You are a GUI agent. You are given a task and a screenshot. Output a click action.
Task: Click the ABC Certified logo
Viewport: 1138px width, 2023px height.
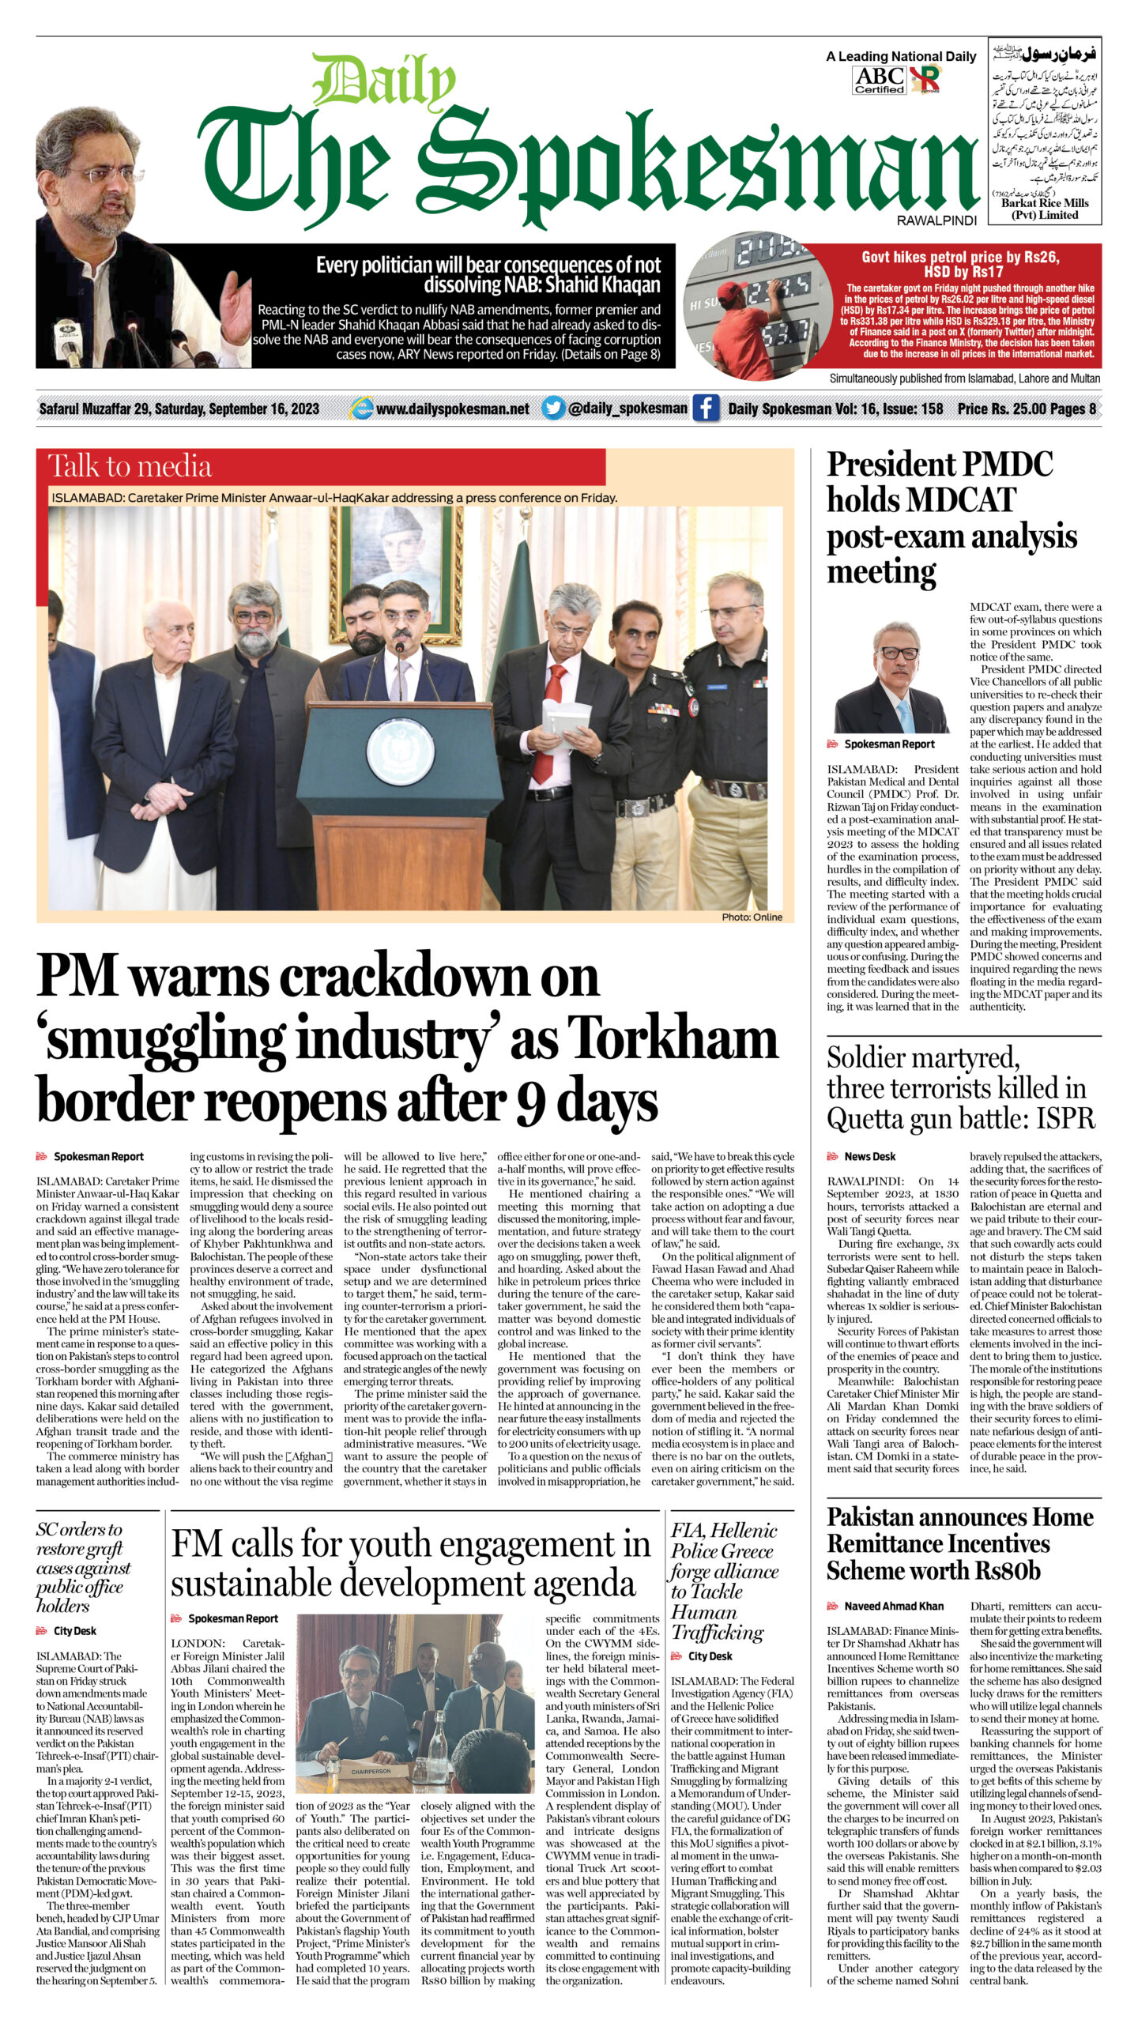[x=880, y=80]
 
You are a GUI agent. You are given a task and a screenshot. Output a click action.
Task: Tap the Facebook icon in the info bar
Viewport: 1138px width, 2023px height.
[x=706, y=409]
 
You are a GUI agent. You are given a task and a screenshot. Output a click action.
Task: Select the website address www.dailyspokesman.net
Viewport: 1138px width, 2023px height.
[x=452, y=409]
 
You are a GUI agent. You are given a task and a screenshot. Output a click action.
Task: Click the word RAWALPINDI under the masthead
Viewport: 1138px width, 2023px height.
[x=936, y=221]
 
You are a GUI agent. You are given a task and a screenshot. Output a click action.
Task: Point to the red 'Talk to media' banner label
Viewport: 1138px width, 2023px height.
[x=130, y=466]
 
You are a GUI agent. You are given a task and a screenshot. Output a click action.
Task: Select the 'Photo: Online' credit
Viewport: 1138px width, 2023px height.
[x=752, y=917]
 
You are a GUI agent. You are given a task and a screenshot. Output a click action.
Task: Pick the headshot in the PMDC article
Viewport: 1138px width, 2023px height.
[x=891, y=677]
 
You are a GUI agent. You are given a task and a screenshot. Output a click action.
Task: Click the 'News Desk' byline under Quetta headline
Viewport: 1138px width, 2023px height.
[x=869, y=1156]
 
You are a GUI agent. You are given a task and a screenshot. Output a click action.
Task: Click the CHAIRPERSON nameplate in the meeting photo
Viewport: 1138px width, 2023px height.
[x=371, y=1772]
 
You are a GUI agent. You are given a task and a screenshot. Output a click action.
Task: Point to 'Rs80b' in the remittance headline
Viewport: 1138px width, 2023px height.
[x=1008, y=1571]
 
